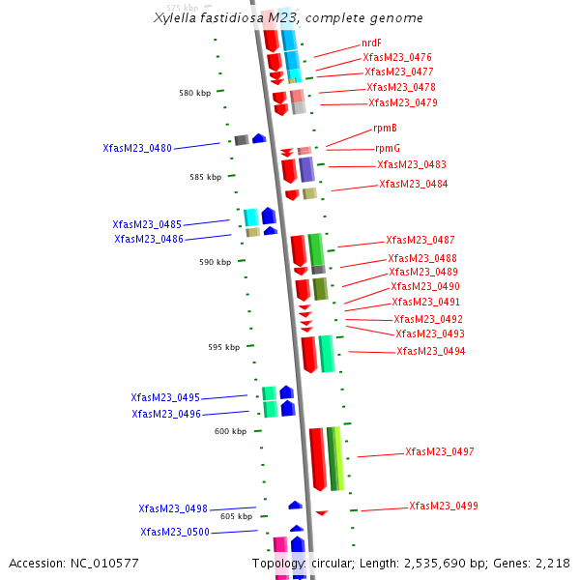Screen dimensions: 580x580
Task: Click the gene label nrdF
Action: click(x=371, y=43)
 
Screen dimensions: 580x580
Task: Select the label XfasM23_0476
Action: click(x=397, y=58)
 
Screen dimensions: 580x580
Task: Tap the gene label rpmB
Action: click(x=385, y=129)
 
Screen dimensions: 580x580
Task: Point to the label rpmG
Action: click(x=388, y=149)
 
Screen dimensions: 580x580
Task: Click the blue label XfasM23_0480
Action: click(x=137, y=149)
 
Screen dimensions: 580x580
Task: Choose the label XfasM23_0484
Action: click(x=413, y=185)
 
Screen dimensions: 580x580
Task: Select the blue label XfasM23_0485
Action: click(x=147, y=224)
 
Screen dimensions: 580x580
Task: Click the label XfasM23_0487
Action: click(x=420, y=241)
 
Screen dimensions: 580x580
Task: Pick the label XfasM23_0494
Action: click(x=430, y=352)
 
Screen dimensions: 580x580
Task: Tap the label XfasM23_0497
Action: click(x=439, y=452)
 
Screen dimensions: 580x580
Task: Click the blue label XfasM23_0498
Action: click(x=173, y=508)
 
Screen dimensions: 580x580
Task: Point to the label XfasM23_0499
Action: click(x=443, y=507)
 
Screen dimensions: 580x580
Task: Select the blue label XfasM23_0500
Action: click(x=175, y=532)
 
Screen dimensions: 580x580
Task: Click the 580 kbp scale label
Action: click(x=194, y=94)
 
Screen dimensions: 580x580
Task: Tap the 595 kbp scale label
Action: click(x=223, y=347)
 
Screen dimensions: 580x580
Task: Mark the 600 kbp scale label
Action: click(x=230, y=432)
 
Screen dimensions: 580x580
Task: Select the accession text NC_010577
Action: click(x=74, y=564)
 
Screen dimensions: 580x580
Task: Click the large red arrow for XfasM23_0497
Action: click(x=316, y=458)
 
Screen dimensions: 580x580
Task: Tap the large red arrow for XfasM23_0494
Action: click(x=308, y=354)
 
